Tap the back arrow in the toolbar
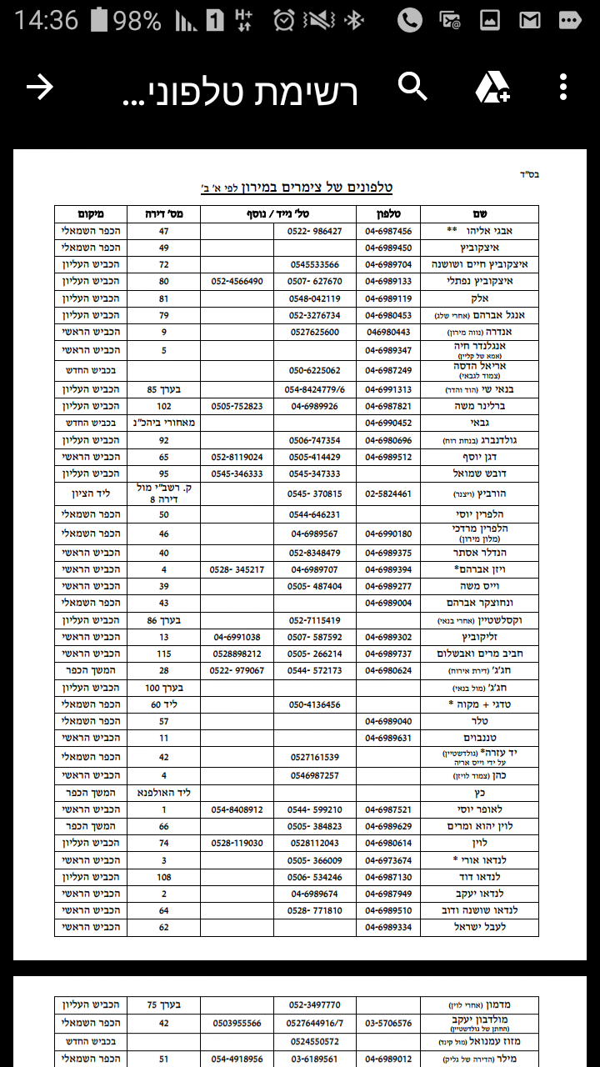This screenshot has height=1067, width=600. pyautogui.click(x=40, y=87)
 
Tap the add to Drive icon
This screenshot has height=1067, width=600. pyautogui.click(x=492, y=87)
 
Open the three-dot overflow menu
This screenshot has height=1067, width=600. pyautogui.click(x=563, y=87)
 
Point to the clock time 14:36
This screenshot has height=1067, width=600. pyautogui.click(x=46, y=20)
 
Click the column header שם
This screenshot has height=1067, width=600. pyautogui.click(x=479, y=214)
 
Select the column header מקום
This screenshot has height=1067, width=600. pyautogui.click(x=91, y=214)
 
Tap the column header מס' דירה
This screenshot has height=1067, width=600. pyautogui.click(x=163, y=214)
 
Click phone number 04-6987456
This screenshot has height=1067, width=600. pyautogui.click(x=388, y=231)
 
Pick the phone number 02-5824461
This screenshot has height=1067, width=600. pyautogui.click(x=388, y=493)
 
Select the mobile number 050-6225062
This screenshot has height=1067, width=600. pyautogui.click(x=315, y=369)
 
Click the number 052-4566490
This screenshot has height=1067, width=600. pyautogui.click(x=237, y=282)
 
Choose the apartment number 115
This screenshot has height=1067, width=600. pyautogui.click(x=163, y=654)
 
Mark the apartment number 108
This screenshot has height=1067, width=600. pyautogui.click(x=163, y=877)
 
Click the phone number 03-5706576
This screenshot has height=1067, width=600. pyautogui.click(x=388, y=1023)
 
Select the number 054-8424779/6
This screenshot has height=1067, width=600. pyautogui.click(x=315, y=389)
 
